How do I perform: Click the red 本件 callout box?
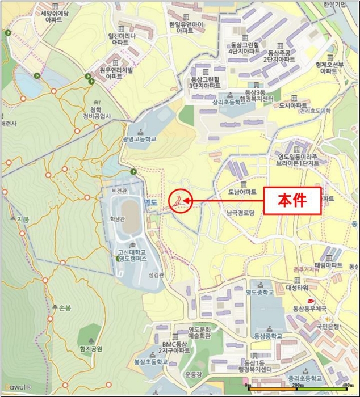(292, 200)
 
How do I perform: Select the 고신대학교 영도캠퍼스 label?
(131, 256)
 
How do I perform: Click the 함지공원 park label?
(90, 349)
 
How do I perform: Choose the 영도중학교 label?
(260, 292)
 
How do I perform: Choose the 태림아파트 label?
(329, 265)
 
